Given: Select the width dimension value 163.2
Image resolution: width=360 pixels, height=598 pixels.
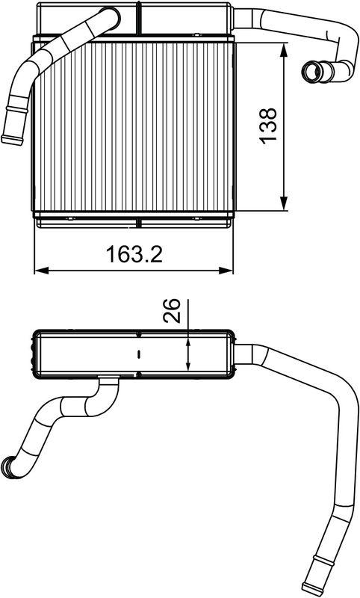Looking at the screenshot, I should click(134, 254).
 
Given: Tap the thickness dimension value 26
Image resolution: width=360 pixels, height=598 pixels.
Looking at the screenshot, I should click(171, 310).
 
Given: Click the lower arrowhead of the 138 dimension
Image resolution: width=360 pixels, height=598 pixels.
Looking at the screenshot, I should click(285, 203).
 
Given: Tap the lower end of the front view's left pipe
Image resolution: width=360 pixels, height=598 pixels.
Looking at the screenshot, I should click(12, 138).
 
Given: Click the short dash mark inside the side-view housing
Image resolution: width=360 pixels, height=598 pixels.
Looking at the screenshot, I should click(139, 351).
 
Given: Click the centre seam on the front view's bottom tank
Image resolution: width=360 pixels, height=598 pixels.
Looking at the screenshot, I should click(140, 221).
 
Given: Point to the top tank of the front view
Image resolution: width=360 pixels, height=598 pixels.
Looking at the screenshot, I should click(134, 18).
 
